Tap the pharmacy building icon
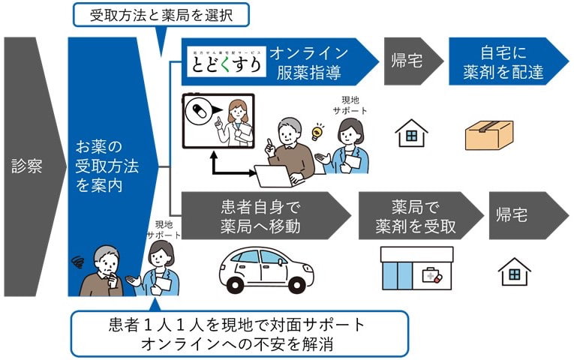coord(416,265)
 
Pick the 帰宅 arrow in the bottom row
coord(521,216)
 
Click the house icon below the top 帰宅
coord(411,133)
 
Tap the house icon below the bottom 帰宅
coord(515,271)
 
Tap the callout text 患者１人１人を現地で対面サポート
coord(237,325)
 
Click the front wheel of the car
coord(233,283)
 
